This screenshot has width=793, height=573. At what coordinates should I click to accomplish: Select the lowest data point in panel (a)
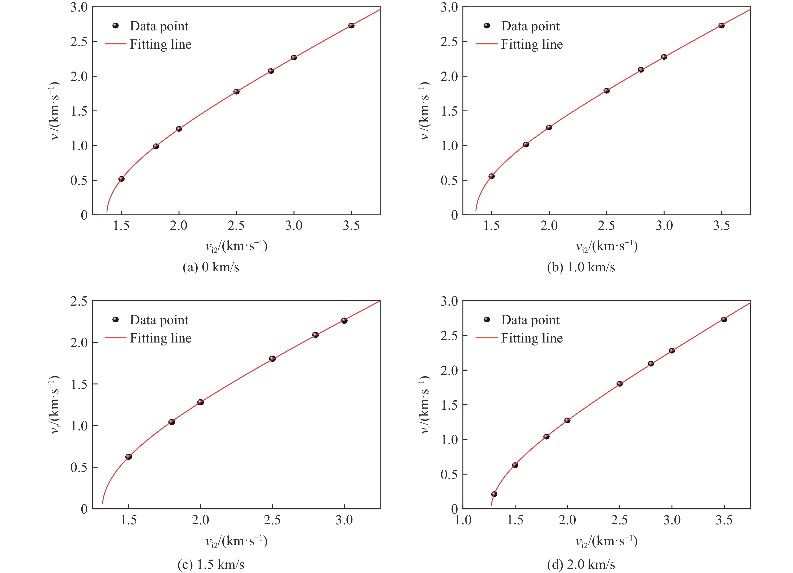click(121, 179)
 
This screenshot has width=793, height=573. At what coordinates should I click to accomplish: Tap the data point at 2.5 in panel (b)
click(606, 91)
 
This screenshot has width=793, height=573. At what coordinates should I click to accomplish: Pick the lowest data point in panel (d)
click(494, 494)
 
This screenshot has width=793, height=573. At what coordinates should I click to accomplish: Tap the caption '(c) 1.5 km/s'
click(211, 564)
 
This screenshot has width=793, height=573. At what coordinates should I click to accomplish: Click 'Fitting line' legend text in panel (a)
click(160, 44)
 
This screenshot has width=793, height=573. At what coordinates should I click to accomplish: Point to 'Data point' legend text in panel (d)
click(530, 320)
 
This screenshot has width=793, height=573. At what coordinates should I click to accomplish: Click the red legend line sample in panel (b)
click(486, 44)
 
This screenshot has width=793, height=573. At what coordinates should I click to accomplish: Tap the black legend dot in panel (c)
click(115, 319)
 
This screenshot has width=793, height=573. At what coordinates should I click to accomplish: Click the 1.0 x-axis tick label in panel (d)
click(463, 520)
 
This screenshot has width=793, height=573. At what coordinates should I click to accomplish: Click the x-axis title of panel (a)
click(236, 246)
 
